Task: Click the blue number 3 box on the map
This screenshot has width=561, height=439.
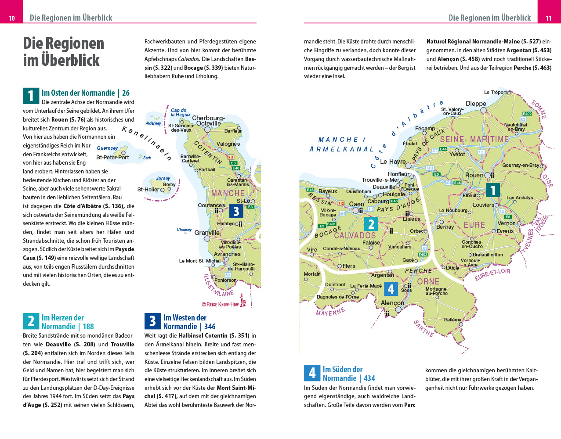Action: point(236,212)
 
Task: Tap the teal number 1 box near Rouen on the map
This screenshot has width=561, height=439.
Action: point(493,190)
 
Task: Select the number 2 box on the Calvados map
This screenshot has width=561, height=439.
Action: point(371,224)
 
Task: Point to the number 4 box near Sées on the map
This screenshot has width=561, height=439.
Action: point(391,289)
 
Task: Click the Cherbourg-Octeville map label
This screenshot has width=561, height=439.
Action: point(209,121)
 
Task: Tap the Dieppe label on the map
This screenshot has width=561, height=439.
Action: point(476,104)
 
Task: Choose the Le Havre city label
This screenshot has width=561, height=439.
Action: point(393,162)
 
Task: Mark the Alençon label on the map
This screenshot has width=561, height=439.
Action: point(392,303)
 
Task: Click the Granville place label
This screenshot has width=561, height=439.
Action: point(207,233)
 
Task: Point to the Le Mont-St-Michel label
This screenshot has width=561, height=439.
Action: point(200,261)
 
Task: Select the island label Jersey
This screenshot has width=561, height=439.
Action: point(163,178)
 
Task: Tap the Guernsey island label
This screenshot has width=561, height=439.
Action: point(107,148)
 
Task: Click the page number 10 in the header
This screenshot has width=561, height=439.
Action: point(12,18)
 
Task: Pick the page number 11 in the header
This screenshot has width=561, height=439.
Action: point(549,18)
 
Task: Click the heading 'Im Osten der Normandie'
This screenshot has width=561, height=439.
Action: point(78,93)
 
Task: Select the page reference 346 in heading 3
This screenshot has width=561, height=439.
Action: point(210,327)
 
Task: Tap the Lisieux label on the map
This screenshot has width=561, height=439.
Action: point(412,219)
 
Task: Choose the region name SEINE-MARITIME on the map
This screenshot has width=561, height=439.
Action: point(474,140)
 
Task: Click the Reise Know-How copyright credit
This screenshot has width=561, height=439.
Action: point(221,304)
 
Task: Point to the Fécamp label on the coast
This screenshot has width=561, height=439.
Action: point(425,129)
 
